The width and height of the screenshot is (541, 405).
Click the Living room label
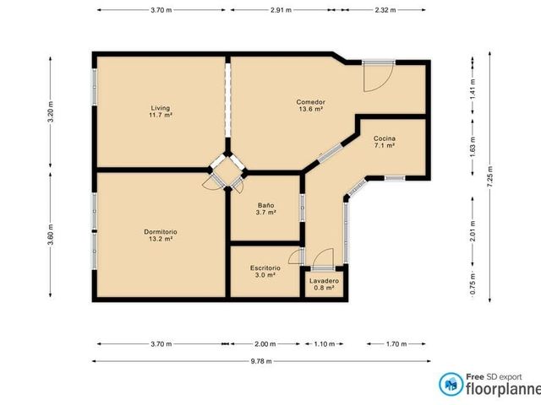click(x=161, y=111)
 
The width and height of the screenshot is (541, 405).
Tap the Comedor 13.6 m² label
click(x=310, y=105)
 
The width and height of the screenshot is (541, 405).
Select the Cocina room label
click(x=385, y=142)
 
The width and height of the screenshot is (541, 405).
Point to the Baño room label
click(x=265, y=208)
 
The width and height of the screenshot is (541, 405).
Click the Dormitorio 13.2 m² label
click(x=161, y=235)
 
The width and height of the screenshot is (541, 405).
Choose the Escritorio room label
click(x=265, y=272)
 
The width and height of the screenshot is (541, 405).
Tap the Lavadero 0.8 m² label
click(x=324, y=284)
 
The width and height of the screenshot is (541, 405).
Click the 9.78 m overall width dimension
click(x=261, y=361)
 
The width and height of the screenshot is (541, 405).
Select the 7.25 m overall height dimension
click(x=490, y=176)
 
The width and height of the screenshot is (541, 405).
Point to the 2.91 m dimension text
click(x=281, y=10)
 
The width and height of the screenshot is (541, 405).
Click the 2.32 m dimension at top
click(x=385, y=10)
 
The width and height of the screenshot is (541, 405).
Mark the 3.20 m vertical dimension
click(x=51, y=111)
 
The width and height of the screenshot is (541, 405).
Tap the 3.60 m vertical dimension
click(x=51, y=235)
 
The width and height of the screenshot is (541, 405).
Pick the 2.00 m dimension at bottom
click(x=265, y=343)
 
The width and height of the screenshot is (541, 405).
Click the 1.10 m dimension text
click(x=324, y=343)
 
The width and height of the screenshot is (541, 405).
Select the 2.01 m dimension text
click(x=473, y=230)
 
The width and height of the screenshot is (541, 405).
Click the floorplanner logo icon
click(x=451, y=384)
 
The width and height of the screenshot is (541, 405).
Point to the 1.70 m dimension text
click(x=396, y=343)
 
